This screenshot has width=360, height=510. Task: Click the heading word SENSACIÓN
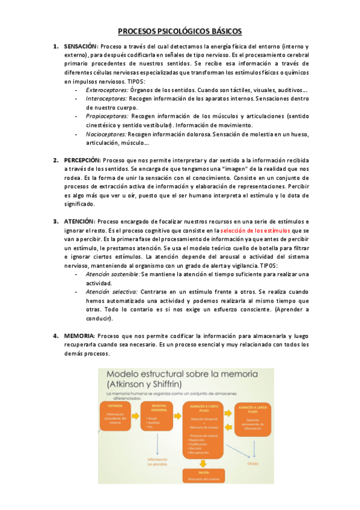(x=81, y=46)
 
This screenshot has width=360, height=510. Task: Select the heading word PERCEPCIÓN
(x=82, y=160)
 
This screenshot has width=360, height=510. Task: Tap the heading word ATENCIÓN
(x=79, y=221)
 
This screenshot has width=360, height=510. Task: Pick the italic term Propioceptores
(x=108, y=116)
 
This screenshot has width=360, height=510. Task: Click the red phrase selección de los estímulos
(x=255, y=230)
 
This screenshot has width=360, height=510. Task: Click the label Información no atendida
(x=157, y=462)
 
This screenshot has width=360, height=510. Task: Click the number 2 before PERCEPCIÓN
(x=55, y=160)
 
